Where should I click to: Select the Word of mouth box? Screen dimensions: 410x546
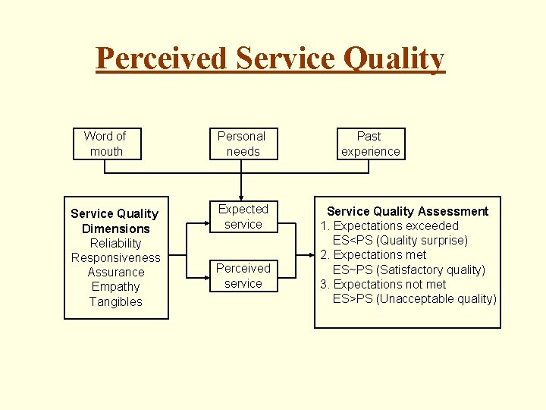pos(105,143)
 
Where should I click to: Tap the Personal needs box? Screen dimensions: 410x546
pos(241,143)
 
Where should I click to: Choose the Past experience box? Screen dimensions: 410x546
pos(370,143)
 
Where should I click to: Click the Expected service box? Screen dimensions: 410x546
pos(243,216)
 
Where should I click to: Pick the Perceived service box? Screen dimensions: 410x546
pos(243,276)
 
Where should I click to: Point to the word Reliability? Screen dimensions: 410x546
pos(115,243)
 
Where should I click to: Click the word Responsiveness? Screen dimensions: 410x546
pos(115,257)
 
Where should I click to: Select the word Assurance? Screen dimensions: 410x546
pos(115,272)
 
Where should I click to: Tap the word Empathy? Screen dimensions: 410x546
pos(115,286)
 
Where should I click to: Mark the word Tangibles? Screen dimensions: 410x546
pos(115,301)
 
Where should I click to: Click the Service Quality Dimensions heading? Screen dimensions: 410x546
pos(115,221)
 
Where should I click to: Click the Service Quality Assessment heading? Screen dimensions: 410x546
pos(407,211)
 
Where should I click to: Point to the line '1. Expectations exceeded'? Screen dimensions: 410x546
pos(389,225)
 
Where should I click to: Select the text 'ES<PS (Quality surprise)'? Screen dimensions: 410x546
pos(400,240)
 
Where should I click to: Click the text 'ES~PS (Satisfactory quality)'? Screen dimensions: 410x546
pos(409,270)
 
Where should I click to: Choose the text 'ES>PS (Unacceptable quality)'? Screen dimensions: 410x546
pos(414,298)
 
